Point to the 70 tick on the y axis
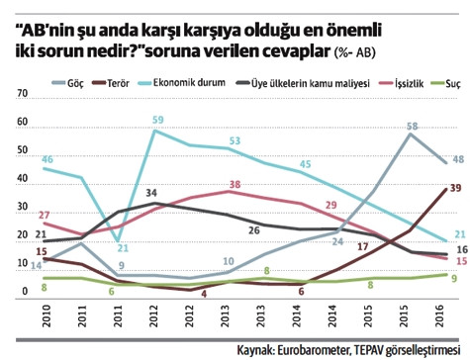pos(23,93)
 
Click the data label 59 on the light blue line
pos(157,120)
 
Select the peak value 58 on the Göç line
pos(412,126)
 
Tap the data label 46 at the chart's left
pos(46,158)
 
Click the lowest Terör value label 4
pos(203,265)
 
